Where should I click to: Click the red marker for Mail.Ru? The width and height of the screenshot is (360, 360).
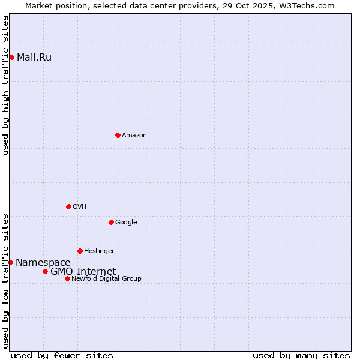(11, 57)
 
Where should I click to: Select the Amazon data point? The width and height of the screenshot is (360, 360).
(118, 135)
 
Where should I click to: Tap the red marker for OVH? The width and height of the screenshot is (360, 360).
(68, 206)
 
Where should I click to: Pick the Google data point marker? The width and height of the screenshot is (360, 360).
(111, 222)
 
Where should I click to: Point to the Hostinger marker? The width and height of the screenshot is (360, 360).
(80, 251)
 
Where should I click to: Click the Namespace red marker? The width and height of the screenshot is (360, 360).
(10, 262)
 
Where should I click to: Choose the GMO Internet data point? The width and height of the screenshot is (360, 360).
(45, 271)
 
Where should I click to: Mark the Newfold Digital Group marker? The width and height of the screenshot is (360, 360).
(67, 278)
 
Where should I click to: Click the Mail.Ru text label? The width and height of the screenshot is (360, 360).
(34, 58)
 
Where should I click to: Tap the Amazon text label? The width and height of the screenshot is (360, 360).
(134, 136)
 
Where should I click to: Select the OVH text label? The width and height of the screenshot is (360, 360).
(80, 207)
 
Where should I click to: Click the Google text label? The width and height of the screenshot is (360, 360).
(126, 223)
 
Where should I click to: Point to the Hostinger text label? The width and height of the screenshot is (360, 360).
(99, 251)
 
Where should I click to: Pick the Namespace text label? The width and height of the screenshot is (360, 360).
(43, 263)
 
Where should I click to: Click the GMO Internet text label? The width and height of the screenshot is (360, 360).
(83, 272)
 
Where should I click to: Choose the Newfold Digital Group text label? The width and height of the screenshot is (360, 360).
(106, 279)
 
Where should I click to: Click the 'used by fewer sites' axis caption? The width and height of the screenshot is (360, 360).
(62, 355)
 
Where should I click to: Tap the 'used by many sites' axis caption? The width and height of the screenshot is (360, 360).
(301, 355)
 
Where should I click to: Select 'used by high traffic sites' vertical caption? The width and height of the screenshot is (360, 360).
(5, 85)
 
